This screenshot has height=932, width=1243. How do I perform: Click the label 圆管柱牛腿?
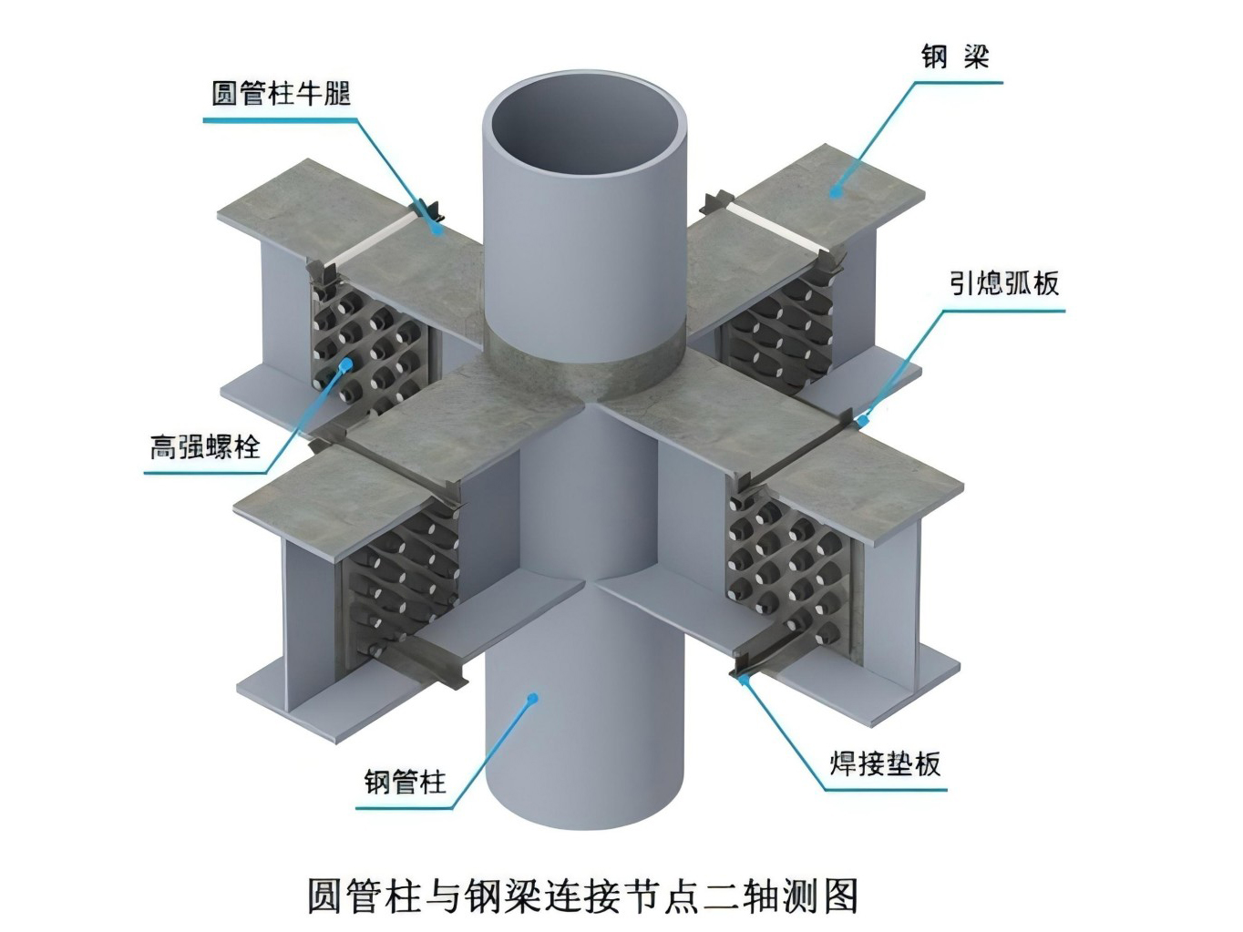coord(281,94)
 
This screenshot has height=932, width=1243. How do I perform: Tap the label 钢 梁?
coord(954,56)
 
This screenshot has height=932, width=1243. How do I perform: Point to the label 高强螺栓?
coord(205,446)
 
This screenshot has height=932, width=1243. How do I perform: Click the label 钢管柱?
coord(406,781)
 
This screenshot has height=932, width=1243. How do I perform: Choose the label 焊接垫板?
coord(884,763)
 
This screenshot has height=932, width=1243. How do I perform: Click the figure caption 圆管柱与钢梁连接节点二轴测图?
coord(583,896)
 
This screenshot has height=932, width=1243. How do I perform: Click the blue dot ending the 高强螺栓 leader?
coord(347,365)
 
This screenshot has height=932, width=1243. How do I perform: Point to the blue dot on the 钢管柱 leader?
coord(534,698)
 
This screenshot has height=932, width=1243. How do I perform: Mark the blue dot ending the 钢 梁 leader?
coord(834,189)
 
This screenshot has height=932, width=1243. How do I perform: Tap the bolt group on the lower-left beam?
coord(401,574)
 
